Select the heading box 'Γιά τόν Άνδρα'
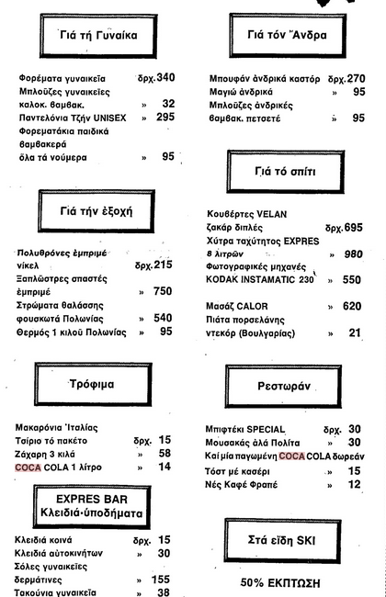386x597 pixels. click(x=286, y=36)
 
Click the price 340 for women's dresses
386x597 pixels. click(x=165, y=78)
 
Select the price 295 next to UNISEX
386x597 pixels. click(x=165, y=118)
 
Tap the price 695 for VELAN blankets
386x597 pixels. click(x=353, y=227)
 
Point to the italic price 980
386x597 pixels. click(x=353, y=253)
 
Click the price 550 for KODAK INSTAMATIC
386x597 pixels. click(x=353, y=280)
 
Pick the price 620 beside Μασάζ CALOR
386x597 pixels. click(x=353, y=307)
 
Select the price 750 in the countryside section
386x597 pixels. click(x=163, y=292)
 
